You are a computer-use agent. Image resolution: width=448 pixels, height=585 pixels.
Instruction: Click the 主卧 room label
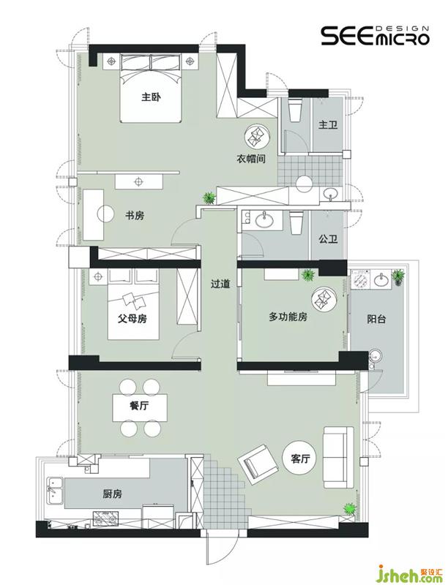151,97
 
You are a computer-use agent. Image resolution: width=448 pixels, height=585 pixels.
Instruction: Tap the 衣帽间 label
251,159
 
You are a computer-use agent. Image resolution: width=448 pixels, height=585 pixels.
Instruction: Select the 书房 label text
135,216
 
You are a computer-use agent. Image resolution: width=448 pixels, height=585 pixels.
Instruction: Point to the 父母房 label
132,319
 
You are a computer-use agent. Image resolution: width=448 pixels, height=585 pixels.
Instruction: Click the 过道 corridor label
220,284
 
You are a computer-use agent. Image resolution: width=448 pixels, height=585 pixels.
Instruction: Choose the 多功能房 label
288,317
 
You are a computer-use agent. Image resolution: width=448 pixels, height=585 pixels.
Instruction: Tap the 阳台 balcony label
376,319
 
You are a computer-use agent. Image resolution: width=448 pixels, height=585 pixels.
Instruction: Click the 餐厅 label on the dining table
139,406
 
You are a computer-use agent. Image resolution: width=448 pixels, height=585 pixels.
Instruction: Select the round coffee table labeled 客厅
301,458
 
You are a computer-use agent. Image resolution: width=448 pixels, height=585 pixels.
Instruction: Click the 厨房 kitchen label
113,494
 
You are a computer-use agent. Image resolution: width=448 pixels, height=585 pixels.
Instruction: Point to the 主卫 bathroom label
328,124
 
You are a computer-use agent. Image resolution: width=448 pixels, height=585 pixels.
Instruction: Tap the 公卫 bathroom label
328,239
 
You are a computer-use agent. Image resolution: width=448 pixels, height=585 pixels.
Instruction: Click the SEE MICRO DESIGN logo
376,36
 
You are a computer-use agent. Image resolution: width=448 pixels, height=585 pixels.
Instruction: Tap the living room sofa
338,458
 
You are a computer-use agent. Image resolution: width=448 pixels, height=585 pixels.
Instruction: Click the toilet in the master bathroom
295,109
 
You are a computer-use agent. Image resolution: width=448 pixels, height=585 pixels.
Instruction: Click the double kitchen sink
54,492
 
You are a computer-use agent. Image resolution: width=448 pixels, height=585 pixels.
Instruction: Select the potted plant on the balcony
397,277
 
